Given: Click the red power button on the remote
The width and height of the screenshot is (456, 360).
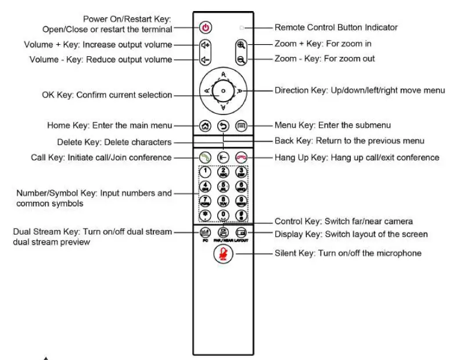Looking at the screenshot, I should (x=206, y=27).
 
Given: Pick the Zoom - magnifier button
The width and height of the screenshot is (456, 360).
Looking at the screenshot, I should (x=241, y=59).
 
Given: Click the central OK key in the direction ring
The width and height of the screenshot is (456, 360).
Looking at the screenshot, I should (x=223, y=92).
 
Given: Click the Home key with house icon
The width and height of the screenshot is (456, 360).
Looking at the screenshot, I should (x=205, y=125).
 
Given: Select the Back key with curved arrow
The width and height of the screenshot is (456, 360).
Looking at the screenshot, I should (x=223, y=125).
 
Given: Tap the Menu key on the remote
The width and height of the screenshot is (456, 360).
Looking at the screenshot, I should (x=241, y=125).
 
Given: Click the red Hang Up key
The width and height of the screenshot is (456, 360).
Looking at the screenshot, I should (x=241, y=157).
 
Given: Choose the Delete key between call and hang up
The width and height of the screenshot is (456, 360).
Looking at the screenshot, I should (x=223, y=157).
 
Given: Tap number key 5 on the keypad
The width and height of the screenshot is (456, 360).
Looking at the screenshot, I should (x=223, y=187).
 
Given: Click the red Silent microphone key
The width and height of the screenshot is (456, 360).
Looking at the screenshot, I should (x=223, y=254).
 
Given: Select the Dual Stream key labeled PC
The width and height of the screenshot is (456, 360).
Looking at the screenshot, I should (x=205, y=232).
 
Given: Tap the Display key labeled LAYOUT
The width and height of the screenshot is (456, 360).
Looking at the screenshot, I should (x=241, y=232).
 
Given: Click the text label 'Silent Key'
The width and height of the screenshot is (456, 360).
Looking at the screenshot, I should (x=295, y=253).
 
